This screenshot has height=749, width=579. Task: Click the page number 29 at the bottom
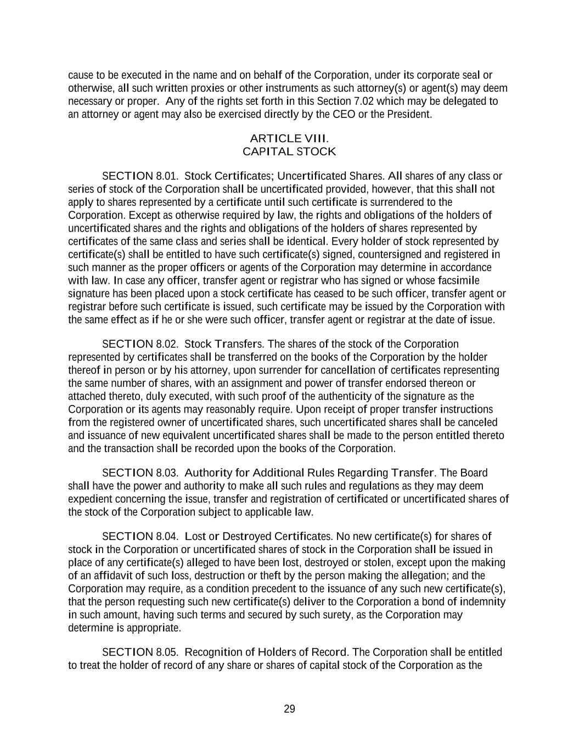[x=289, y=709]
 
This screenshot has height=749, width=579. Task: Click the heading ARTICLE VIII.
[x=289, y=138]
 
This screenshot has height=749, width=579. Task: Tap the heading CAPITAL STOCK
[x=289, y=151]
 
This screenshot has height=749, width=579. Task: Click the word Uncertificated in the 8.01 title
[x=312, y=176]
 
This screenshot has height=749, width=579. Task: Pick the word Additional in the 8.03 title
[x=269, y=473]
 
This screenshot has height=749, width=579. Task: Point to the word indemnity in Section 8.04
[x=484, y=602]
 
